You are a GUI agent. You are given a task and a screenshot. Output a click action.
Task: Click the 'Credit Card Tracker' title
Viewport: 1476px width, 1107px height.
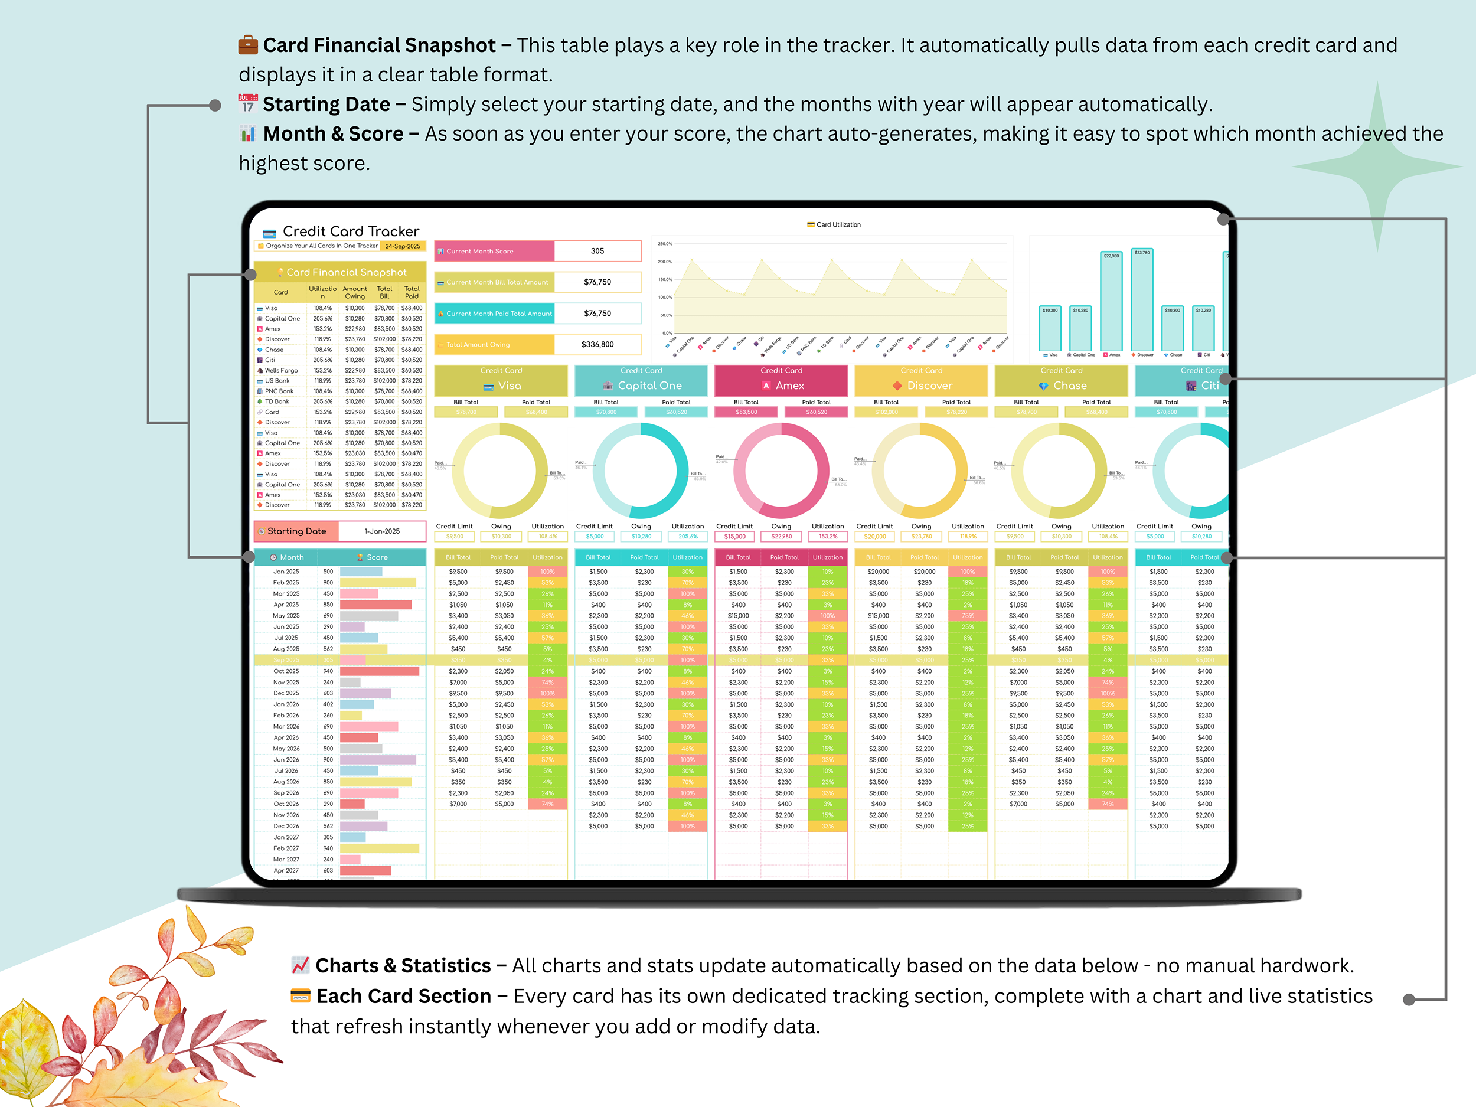[x=350, y=231]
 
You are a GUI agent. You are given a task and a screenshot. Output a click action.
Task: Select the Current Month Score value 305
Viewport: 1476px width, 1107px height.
[x=597, y=251]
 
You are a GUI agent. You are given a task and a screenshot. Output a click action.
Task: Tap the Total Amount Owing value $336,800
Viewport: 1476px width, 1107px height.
[x=597, y=344]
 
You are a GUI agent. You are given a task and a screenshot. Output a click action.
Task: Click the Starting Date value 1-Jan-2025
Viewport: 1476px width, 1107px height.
[x=381, y=531]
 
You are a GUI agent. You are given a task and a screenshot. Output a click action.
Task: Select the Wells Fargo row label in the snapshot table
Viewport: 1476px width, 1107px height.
[x=281, y=370]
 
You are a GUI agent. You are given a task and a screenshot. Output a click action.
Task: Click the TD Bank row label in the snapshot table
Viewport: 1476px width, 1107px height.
[x=277, y=401]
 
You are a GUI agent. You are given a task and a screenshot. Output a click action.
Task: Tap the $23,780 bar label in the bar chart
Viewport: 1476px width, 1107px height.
[x=1142, y=252]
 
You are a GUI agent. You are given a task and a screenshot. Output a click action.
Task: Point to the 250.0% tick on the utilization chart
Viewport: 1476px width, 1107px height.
[x=665, y=244]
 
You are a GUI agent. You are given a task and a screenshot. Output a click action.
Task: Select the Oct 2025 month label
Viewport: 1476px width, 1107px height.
[x=286, y=671]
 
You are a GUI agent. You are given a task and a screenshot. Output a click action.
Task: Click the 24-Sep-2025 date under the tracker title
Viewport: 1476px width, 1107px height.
[x=403, y=246]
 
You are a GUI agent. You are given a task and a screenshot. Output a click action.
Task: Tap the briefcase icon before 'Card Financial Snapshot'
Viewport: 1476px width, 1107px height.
[x=248, y=45]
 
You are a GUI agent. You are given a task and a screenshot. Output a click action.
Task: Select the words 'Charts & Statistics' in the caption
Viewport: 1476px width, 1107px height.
[x=403, y=965]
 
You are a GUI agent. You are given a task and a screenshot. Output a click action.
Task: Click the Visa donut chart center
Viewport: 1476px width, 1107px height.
[x=500, y=471]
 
